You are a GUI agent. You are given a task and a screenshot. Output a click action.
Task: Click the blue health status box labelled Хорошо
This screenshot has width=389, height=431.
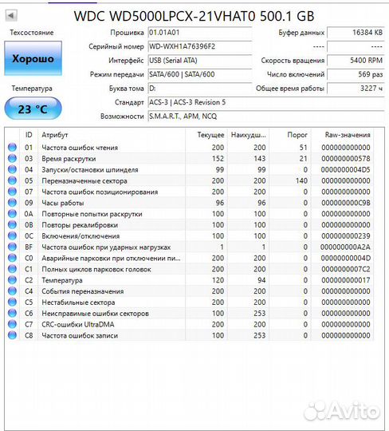(x=33, y=59)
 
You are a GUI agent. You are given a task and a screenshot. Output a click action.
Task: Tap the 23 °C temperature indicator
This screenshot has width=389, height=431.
(x=32, y=109)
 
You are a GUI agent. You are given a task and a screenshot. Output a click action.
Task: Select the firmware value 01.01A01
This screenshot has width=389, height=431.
(x=164, y=32)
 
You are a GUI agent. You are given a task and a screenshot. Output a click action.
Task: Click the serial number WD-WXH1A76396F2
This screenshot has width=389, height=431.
(x=183, y=46)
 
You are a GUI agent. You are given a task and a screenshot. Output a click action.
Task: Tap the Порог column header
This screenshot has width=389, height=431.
(x=298, y=135)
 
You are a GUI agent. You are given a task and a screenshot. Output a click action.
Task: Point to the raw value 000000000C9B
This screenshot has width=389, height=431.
(x=345, y=203)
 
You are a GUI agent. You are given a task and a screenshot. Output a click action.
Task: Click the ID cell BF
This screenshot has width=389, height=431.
(x=29, y=247)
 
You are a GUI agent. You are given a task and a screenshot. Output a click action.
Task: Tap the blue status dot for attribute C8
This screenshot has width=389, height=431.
(x=11, y=335)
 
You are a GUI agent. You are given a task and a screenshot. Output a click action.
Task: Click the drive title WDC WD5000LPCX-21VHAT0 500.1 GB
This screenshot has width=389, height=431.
(x=194, y=15)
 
